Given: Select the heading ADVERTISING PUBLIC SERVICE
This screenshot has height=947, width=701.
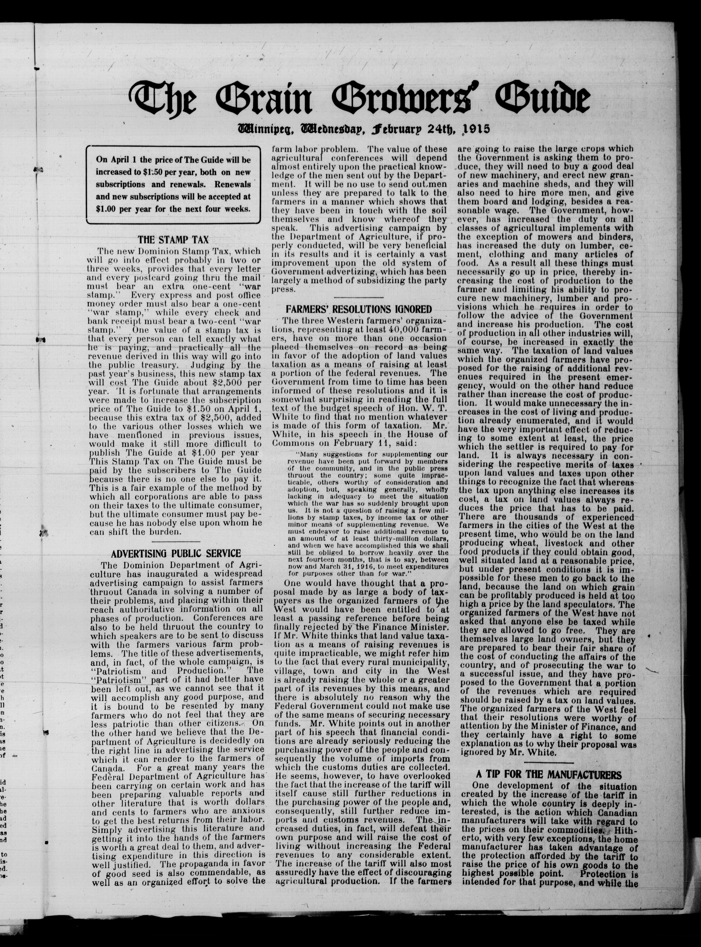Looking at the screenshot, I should pos(176,554).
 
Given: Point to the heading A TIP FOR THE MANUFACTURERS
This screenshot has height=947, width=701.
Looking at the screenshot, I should pos(549,775).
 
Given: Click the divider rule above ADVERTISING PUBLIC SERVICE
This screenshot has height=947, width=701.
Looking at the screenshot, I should pos(176,542).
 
